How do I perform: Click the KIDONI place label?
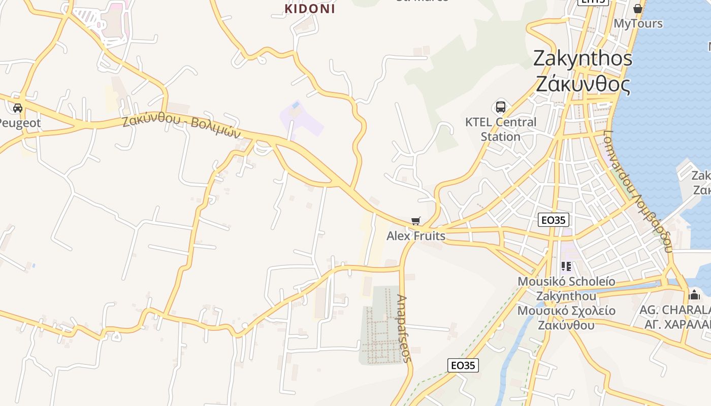tap(310, 9)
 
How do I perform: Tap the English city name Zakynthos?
tap(583, 58)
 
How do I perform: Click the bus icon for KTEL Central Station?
tap(501, 107)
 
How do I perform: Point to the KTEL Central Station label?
tap(501, 129)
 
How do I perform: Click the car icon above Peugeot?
tap(18, 108)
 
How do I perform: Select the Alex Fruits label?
tap(416, 236)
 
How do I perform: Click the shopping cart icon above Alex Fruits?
tap(416, 221)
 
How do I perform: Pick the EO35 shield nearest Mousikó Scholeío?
tap(554, 220)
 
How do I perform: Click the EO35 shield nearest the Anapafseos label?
tap(463, 365)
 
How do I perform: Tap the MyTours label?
tap(638, 23)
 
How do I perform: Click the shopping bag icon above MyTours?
tap(638, 9)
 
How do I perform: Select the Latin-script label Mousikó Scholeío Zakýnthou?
tap(566, 288)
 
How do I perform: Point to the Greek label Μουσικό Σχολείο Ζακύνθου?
tap(566, 318)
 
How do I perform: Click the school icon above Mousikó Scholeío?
tap(566, 266)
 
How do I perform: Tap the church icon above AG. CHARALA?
tap(694, 295)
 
